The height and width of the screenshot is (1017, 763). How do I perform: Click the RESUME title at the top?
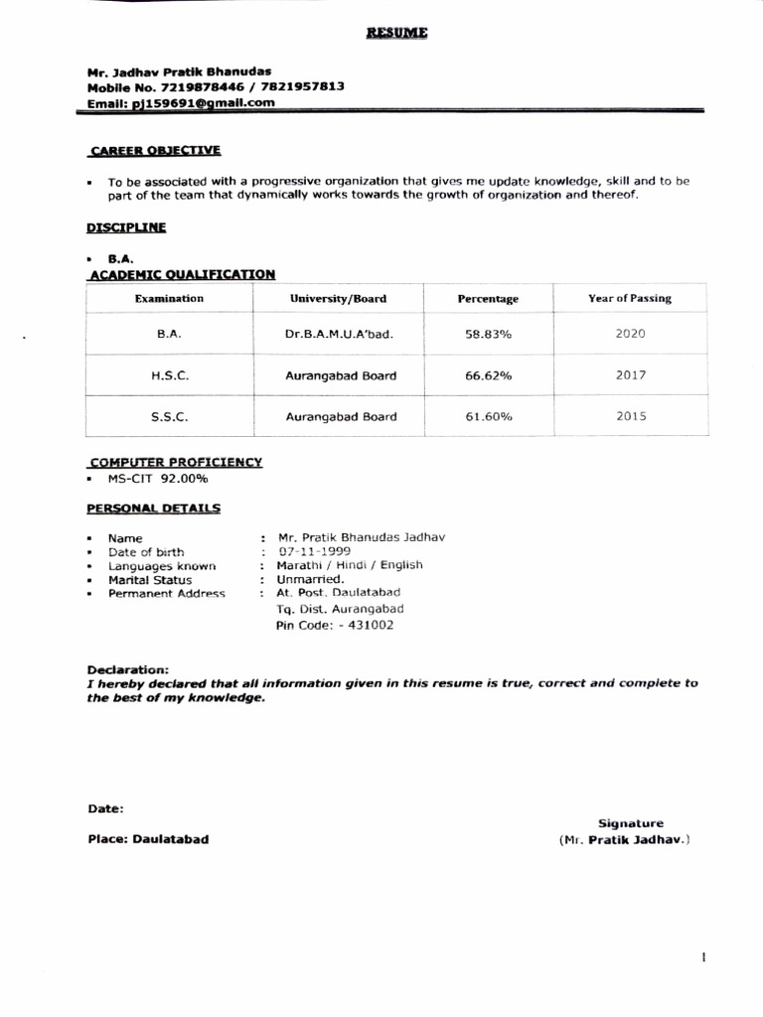(396, 33)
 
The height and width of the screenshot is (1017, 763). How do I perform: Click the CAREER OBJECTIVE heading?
(155, 151)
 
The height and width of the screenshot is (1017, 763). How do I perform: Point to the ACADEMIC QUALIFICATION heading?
(182, 274)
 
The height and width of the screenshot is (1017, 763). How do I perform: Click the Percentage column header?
(488, 299)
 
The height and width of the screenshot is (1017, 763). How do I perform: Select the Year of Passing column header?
(629, 298)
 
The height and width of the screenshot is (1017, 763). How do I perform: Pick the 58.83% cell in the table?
(488, 335)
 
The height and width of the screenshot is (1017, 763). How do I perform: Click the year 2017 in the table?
(630, 375)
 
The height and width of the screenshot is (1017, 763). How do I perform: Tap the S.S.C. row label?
(168, 417)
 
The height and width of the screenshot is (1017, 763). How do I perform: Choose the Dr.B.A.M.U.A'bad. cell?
(339, 335)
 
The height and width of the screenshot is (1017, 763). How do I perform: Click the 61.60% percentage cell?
(488, 417)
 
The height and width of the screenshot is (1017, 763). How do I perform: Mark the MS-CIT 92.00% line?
(158, 479)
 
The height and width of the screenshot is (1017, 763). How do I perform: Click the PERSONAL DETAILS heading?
(154, 508)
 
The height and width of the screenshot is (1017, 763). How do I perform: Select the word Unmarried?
(310, 579)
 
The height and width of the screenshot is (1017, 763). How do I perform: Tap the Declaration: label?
(127, 670)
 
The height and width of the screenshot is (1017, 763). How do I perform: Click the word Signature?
(630, 823)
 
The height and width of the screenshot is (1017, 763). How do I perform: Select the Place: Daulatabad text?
(148, 839)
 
